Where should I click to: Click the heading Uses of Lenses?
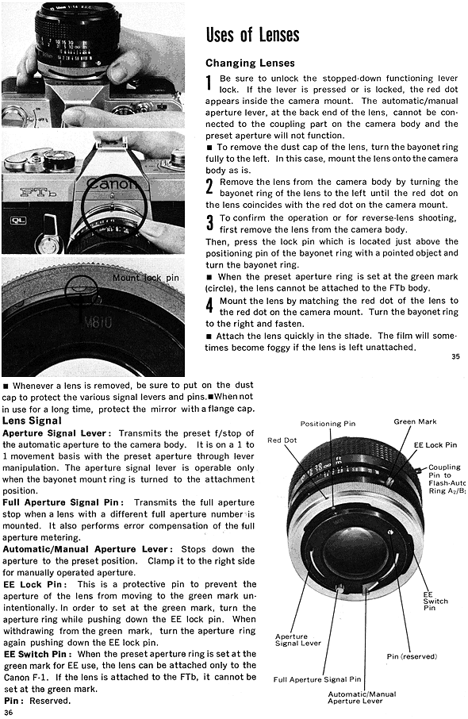[x=252, y=35]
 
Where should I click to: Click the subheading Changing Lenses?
[x=250, y=63]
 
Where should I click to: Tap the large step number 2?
[x=209, y=187]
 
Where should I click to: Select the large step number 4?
[x=209, y=306]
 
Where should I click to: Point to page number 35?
[x=455, y=356]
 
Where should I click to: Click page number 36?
[x=8, y=712]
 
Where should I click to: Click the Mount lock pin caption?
[x=145, y=278]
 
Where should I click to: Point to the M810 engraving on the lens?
[x=98, y=322]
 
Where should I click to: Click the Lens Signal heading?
[x=32, y=421]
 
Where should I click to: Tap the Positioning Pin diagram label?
[x=328, y=424]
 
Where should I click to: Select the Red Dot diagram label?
[x=282, y=440]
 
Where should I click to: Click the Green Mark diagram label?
[x=415, y=421]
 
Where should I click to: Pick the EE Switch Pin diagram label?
[x=435, y=602]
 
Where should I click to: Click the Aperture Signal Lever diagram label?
[x=298, y=640]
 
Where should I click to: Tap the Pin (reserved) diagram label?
[x=412, y=656]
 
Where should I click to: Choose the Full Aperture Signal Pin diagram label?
[x=317, y=679]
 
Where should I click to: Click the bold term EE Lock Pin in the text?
[x=35, y=584]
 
